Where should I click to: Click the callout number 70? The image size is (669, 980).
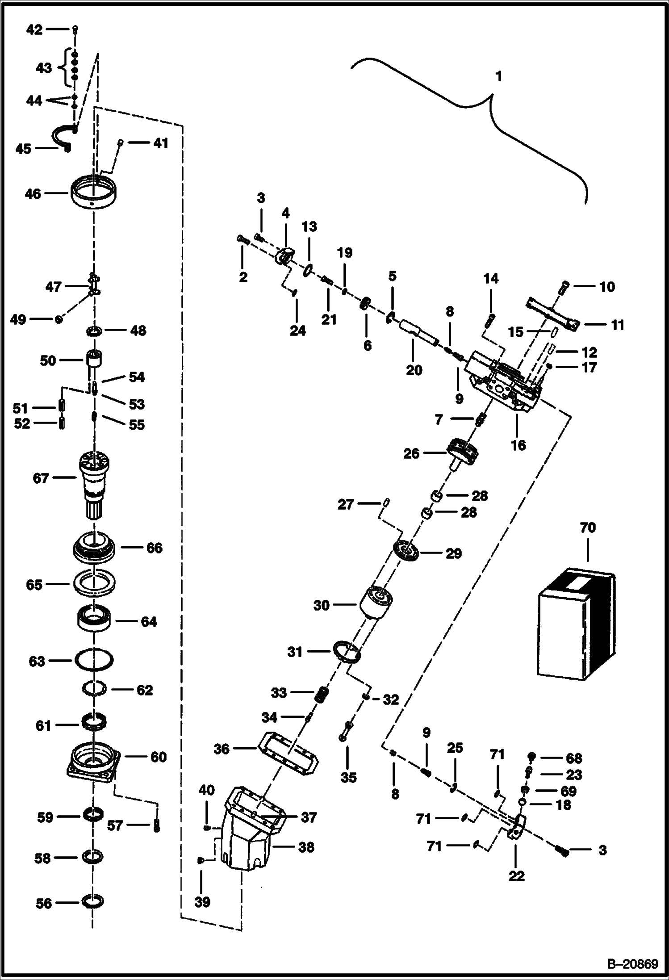pos(588,528)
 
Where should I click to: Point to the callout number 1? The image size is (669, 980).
pos(498,77)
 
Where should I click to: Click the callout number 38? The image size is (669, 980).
pos(306,847)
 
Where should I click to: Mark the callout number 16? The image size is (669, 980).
pos(518,445)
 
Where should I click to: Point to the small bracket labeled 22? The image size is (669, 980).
pos(517,827)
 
